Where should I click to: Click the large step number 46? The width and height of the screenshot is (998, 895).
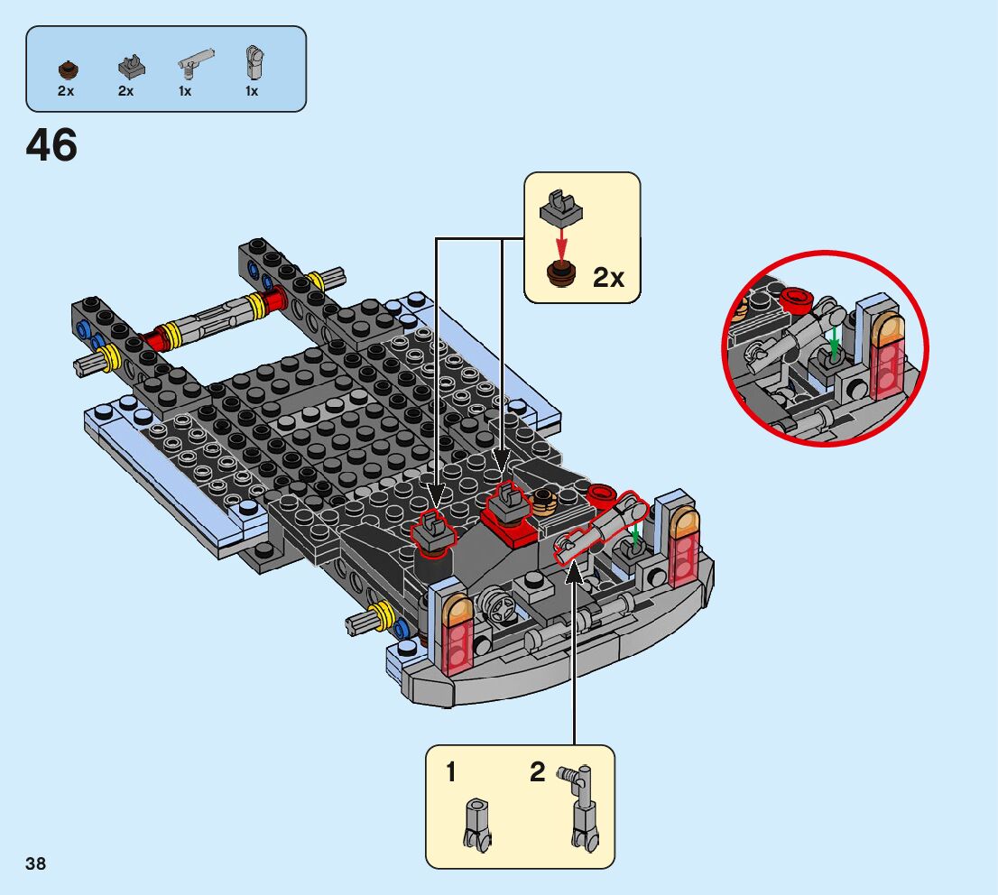52,146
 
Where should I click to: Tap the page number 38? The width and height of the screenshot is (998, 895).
36,864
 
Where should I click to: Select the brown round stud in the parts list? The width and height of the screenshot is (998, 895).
66,69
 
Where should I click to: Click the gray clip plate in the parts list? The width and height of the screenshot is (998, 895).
126,66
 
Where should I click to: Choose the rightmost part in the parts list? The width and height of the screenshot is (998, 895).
253,62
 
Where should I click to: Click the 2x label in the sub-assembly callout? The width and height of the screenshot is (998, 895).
608,278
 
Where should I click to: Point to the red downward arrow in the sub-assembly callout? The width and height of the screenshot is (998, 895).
561,241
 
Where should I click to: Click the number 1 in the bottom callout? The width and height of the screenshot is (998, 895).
450,773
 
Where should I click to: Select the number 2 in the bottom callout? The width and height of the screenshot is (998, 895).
538,772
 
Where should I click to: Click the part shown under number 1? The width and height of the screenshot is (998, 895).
476,824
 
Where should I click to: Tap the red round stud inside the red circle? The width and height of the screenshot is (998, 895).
796,297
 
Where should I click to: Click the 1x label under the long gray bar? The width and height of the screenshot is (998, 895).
185,91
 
